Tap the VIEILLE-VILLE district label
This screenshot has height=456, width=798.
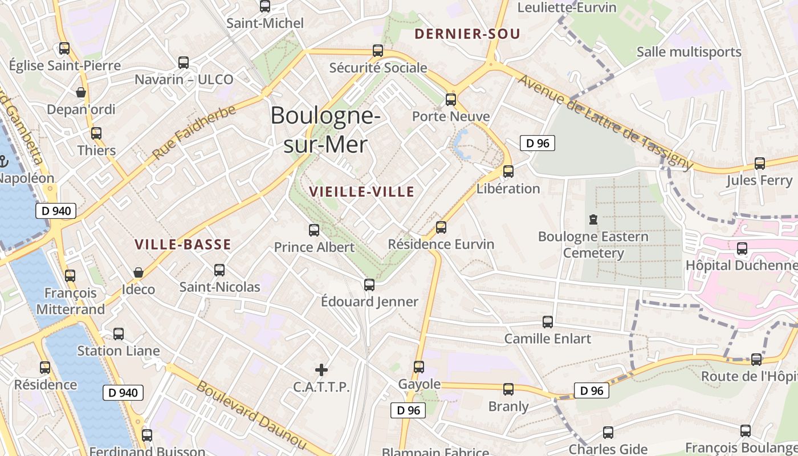click(x=362, y=192)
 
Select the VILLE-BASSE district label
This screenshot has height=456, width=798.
click(x=183, y=245)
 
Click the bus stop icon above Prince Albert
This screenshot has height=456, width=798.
click(x=313, y=230)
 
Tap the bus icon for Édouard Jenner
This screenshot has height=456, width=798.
click(x=369, y=284)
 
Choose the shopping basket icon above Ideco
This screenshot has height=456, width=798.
click(x=138, y=272)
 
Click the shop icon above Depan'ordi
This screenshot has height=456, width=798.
click(x=81, y=92)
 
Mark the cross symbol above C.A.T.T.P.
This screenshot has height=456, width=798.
click(x=321, y=370)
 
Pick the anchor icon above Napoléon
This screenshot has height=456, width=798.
click(x=3, y=161)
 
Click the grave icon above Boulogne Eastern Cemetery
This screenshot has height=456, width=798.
click(x=593, y=219)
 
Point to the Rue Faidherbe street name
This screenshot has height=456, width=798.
click(x=194, y=132)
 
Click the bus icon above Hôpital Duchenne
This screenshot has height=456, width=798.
click(x=742, y=249)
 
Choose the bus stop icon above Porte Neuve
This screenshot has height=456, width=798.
click(x=451, y=100)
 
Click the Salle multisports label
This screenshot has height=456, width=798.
click(x=689, y=52)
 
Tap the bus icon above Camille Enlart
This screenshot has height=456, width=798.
click(x=548, y=322)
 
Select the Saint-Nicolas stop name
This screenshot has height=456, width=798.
click(x=219, y=287)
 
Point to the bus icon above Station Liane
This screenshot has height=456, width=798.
click(x=119, y=334)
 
